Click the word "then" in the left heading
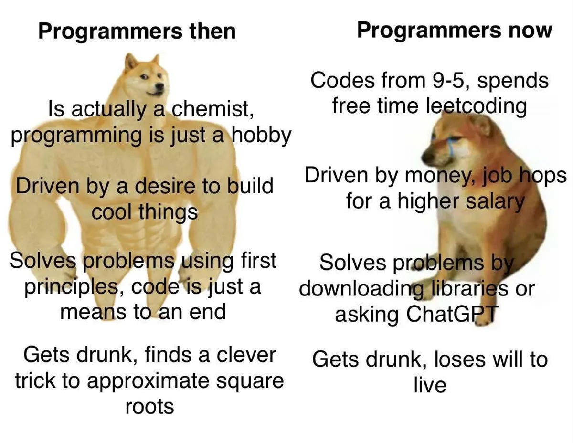pos(212,32)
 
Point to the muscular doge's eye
pos(144,77)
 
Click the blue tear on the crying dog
pos(451,145)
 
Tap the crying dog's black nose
pos(427,158)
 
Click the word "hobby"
pos(261,135)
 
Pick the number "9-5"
pos(448,80)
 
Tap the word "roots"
pos(149,407)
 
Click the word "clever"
pos(246,355)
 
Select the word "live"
pos(430,385)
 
